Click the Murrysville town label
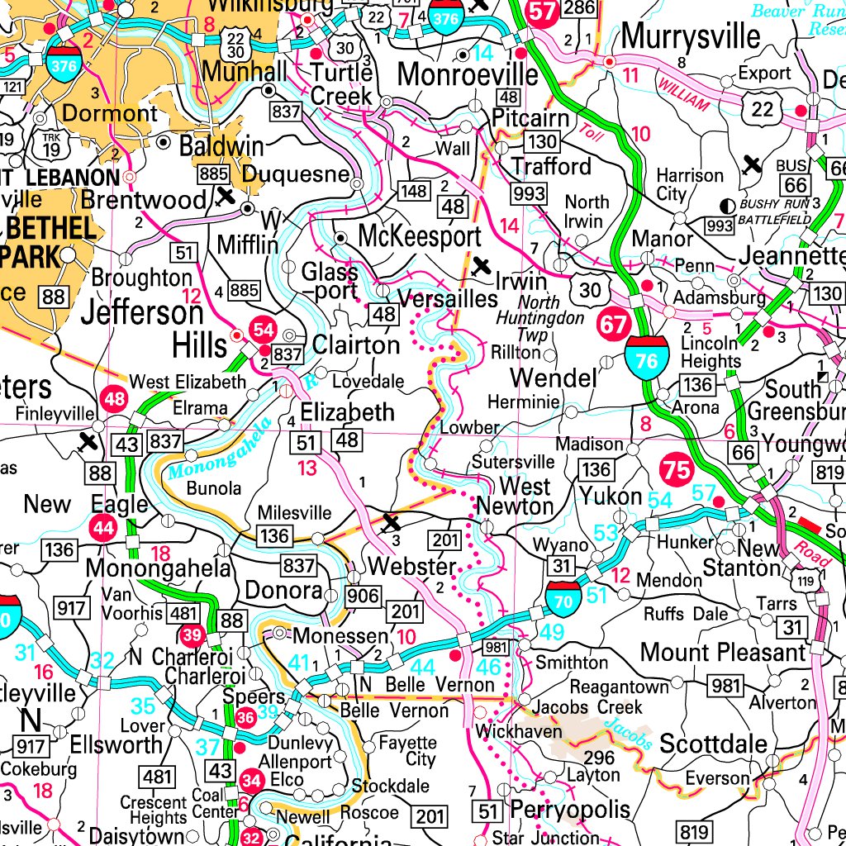tap(691, 36)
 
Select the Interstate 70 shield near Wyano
tap(563, 599)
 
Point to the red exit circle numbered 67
tap(614, 324)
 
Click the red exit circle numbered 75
tap(676, 471)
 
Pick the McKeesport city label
tap(419, 236)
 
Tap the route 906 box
tap(363, 596)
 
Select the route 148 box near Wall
tap(415, 192)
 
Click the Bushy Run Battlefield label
tap(775, 211)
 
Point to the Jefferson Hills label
tap(141, 327)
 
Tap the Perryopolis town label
tap(570, 809)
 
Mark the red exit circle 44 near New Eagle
tap(104, 528)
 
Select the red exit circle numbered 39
tap(192, 634)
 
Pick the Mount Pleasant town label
tap(722, 652)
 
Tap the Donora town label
tap(283, 591)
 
